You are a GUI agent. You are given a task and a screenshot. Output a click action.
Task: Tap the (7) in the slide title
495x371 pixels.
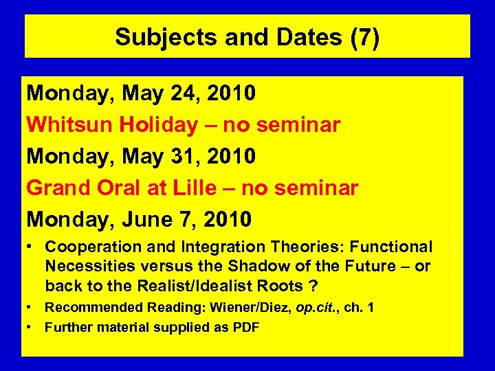[364, 37]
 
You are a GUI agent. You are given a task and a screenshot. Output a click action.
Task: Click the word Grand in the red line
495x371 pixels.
[58, 188]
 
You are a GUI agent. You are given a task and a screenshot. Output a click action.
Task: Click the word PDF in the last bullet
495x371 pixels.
[245, 327]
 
